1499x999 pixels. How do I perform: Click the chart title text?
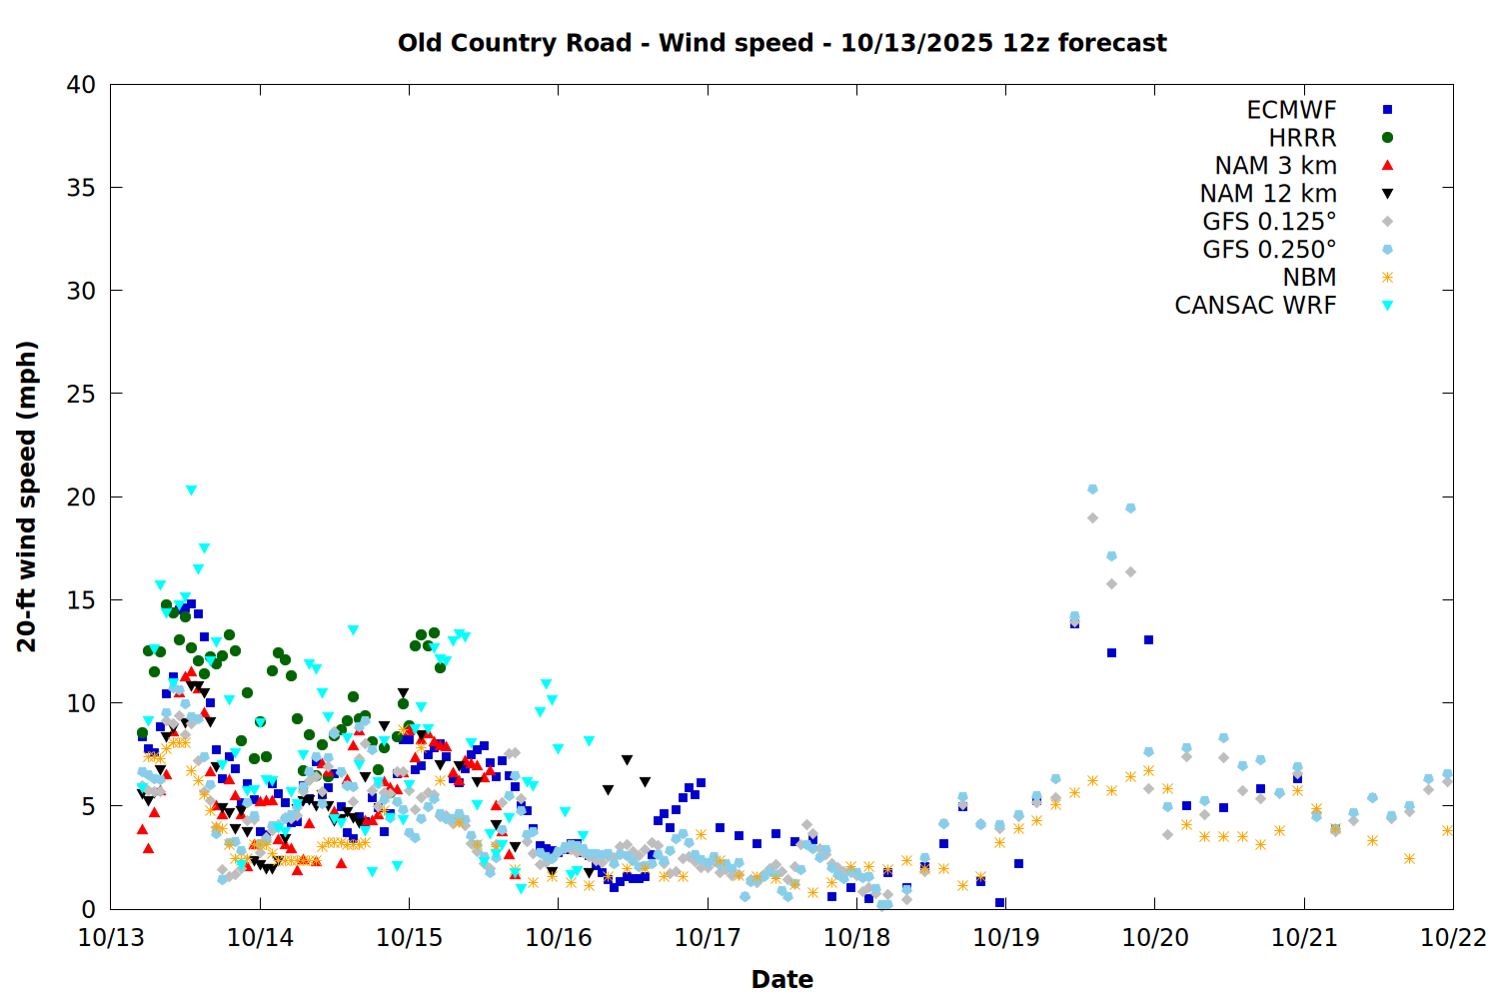pos(781,43)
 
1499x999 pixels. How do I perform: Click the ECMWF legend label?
pos(1291,110)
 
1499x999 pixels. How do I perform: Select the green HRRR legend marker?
pos(1387,138)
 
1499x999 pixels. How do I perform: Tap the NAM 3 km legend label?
pos(1275,166)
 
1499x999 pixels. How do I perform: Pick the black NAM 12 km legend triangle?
pos(1387,194)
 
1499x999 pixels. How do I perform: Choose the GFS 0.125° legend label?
pos(1269,222)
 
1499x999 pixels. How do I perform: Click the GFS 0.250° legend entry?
pos(1269,250)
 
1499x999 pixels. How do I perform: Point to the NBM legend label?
pos(1309,278)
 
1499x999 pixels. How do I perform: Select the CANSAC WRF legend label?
pos(1255,306)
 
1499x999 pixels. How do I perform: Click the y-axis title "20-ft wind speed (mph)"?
pos(27,497)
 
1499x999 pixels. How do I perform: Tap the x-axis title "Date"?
pos(781,979)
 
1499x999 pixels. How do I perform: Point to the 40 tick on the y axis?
pos(81,85)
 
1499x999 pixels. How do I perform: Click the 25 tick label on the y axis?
pos(81,394)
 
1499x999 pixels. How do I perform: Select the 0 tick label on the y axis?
pos(88,909)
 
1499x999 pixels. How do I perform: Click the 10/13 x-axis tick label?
pos(111,938)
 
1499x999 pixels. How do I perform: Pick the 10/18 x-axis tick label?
pos(856,938)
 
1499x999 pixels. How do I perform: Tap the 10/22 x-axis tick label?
pos(1453,938)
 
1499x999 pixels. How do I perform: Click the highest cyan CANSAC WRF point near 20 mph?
pos(191,491)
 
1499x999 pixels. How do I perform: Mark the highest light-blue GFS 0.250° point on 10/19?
pos(1092,490)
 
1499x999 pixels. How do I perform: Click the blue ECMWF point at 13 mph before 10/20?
pos(1148,639)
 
